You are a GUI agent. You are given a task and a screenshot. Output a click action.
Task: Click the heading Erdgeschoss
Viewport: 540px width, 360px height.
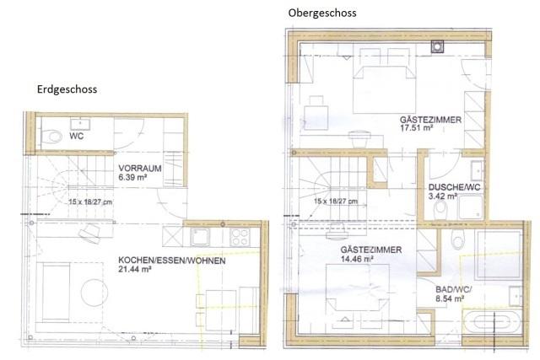67,89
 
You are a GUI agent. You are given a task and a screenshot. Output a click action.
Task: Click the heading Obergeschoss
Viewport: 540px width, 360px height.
321,13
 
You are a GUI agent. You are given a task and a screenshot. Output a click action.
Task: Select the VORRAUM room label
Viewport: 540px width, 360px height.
138,167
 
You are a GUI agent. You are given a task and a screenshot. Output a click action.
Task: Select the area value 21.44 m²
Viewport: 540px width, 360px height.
135,269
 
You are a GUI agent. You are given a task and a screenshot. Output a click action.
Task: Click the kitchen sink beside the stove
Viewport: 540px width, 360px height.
202,237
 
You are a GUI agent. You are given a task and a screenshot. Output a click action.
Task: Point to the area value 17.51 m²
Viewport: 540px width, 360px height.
416,131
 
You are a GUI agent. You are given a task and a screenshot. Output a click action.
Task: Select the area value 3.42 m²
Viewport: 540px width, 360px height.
443,196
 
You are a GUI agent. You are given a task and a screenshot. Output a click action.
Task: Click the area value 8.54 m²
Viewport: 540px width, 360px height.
448,298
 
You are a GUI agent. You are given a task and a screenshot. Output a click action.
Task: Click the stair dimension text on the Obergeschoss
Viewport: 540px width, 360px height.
335,201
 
